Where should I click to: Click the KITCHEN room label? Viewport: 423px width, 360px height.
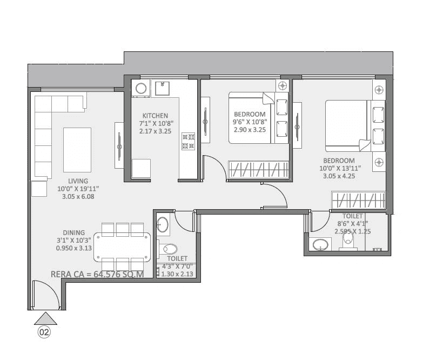(155, 116)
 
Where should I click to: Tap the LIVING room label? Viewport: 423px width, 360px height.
(78, 181)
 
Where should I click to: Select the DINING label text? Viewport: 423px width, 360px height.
(73, 233)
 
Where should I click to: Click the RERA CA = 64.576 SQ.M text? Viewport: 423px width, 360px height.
(97, 274)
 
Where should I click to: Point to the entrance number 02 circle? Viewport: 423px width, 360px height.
(44, 332)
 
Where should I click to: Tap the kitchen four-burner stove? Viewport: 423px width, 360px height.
(188, 141)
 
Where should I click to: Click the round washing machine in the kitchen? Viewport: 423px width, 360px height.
(141, 89)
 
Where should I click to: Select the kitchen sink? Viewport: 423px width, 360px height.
(163, 88)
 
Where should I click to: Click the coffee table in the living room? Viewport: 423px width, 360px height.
(77, 149)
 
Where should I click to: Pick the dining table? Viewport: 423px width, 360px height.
(123, 244)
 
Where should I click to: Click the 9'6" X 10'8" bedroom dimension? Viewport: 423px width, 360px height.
(250, 123)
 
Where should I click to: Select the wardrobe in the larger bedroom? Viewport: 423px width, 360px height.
(358, 201)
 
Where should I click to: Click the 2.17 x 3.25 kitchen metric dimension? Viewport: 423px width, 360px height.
(155, 131)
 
